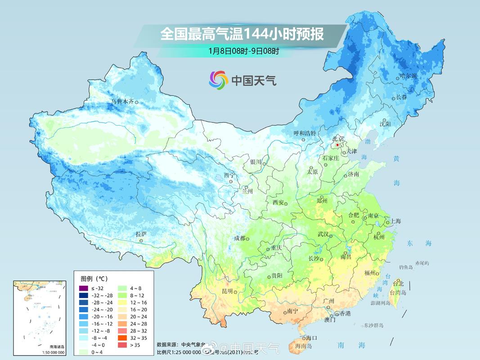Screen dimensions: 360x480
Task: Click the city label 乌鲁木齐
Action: (122, 102)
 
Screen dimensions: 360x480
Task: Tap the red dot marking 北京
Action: (338, 145)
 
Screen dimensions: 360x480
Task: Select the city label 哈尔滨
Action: (408, 76)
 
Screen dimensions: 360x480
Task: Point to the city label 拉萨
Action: (141, 234)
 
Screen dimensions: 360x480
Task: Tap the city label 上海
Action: (396, 221)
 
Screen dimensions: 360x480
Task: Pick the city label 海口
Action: (312, 337)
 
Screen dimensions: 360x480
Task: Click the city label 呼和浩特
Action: (305, 133)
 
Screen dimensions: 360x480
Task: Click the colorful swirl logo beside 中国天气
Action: (219, 80)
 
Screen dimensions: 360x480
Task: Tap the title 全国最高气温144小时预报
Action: (242, 34)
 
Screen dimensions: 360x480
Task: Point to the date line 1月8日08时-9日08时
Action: (243, 51)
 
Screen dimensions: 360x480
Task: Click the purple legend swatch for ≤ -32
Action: (82, 288)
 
